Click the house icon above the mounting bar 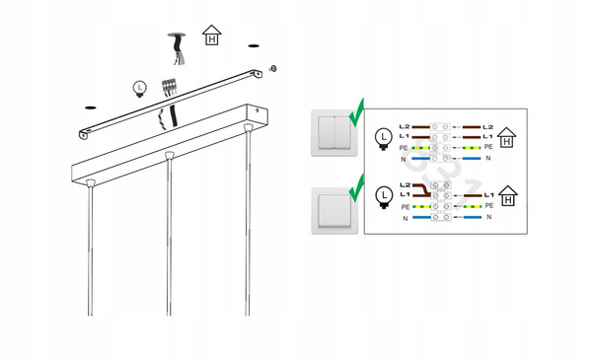(212, 36)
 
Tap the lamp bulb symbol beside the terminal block (140, 89)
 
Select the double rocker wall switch (334, 133)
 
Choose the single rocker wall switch (334, 210)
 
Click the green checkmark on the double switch (357, 113)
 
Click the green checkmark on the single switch (357, 188)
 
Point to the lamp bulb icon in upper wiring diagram (384, 139)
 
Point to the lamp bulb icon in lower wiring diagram (385, 197)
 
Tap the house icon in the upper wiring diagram (507, 137)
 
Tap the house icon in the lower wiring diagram (508, 196)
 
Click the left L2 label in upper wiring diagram (405, 127)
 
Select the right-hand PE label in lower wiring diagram (489, 206)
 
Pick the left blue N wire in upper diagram (420, 159)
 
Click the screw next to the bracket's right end (273, 69)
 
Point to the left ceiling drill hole (90, 108)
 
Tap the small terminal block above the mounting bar (170, 87)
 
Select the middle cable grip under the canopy (169, 155)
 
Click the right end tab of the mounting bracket (258, 74)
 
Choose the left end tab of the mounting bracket (84, 134)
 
